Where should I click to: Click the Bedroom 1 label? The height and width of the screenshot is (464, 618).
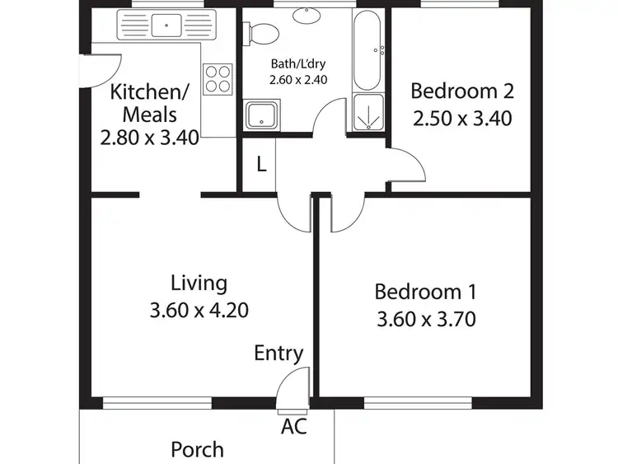point(425,292)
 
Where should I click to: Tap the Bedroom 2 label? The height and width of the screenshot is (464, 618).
point(461,91)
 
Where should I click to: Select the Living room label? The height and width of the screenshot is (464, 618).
point(199,284)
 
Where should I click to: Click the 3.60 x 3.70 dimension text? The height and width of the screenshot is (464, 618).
point(425,318)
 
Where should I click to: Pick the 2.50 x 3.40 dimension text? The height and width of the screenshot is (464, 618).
point(461,118)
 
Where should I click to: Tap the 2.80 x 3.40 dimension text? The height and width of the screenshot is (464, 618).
point(149,137)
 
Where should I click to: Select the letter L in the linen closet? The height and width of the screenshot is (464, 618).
point(261,164)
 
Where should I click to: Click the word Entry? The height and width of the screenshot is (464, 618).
point(279,354)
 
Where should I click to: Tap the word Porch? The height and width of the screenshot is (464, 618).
point(197,449)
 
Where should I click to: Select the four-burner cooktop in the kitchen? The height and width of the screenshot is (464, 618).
point(218,79)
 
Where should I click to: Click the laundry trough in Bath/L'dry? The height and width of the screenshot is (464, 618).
point(263,115)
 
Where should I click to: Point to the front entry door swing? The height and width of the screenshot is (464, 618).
point(293,387)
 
